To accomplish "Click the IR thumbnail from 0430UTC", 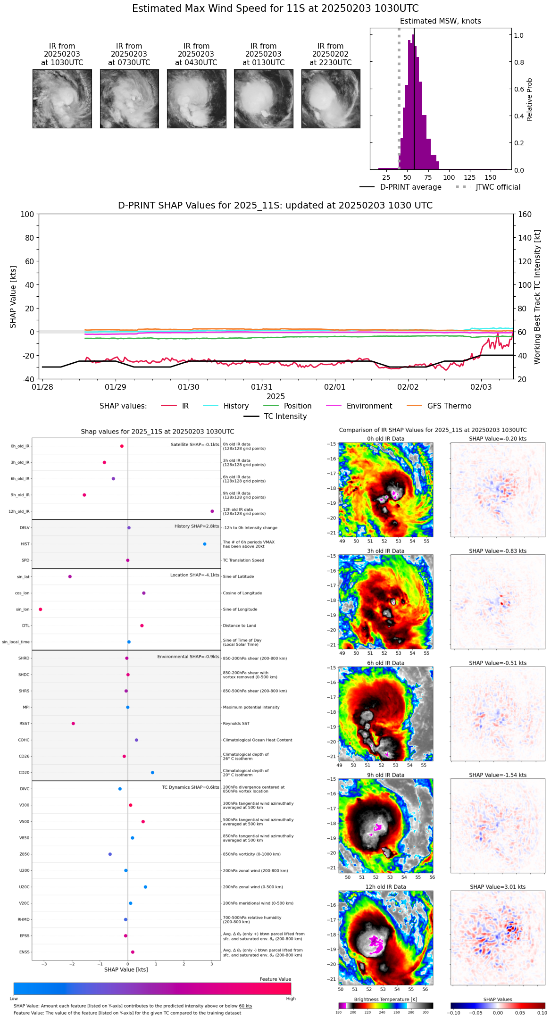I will click(196, 99).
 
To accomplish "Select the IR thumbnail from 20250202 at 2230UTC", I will click(331, 99).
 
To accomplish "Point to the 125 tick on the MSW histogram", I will click(469, 177).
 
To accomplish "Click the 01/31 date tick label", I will click(261, 387).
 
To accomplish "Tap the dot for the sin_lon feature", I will click(41, 609).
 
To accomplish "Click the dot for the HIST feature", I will click(205, 544).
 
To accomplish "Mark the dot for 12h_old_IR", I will click(212, 511).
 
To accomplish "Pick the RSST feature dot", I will click(73, 724).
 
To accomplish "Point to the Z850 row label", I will click(25, 854).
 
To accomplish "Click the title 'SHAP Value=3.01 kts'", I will click(498, 887).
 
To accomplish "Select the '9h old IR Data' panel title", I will click(385, 775).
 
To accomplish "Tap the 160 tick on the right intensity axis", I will click(525, 214).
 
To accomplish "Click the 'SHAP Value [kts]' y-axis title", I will click(13, 297).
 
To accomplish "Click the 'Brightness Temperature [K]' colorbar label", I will click(385, 999).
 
